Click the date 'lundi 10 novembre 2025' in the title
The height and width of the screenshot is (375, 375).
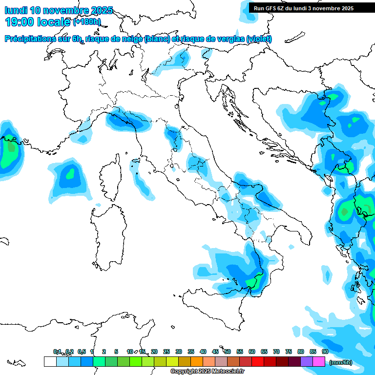tap(59, 10)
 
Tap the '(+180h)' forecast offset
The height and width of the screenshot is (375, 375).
tap(87, 21)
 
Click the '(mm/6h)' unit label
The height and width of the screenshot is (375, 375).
tap(340, 362)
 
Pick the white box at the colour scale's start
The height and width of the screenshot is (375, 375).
tap(49, 361)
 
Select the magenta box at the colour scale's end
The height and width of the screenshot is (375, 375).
tap(319, 361)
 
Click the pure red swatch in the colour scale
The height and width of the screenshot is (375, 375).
tap(258, 361)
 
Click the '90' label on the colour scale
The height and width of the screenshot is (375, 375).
tap(325, 352)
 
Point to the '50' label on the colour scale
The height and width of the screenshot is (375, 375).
tap(228, 352)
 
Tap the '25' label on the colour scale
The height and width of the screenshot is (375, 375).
tap(167, 352)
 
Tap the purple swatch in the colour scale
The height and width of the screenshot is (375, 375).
tap(307, 361)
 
